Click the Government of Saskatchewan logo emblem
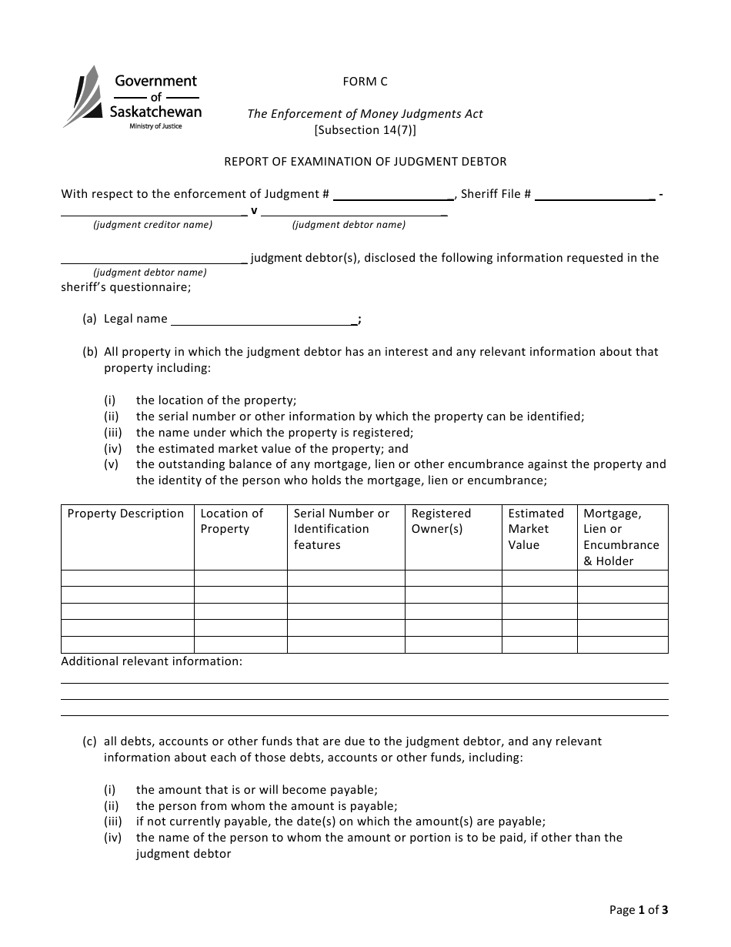pos(82,96)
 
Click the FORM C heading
pos(365,82)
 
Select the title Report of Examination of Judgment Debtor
pos(365,162)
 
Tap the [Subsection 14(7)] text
pos(365,130)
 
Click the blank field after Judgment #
pos(392,195)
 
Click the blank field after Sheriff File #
pos(594,195)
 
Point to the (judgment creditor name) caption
pos(153,225)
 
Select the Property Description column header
pos(126,514)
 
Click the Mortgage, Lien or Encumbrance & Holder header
pos(622,537)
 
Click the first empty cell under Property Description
pos(127,578)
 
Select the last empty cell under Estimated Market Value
pos(539,644)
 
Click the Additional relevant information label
pos(152,661)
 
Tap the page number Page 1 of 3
pos(639,910)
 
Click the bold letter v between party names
pos(254,210)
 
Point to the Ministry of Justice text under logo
pos(155,126)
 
